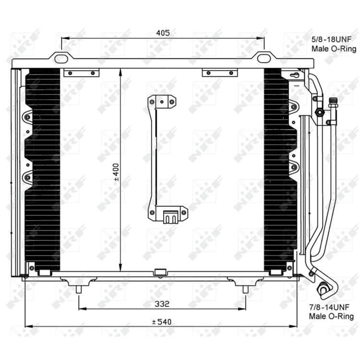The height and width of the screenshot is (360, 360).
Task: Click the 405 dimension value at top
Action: [163, 33]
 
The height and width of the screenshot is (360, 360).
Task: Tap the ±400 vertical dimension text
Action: [116, 172]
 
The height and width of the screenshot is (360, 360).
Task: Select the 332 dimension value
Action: [162, 304]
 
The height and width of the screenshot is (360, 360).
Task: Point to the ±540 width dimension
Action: [162, 322]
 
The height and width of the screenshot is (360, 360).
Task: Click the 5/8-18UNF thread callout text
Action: [331, 39]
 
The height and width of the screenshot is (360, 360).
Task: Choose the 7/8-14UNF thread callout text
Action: [329, 307]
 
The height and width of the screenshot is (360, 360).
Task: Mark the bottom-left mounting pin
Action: [79, 290]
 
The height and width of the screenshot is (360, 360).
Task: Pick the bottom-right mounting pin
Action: [245, 290]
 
